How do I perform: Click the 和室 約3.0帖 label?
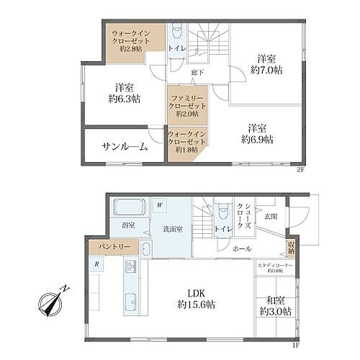pos(276,304)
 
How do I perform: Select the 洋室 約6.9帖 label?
pos(257,132)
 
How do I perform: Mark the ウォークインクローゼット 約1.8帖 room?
pos(184,143)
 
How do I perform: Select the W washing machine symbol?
pos(161,205)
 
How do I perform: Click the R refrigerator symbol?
pos(96,264)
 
